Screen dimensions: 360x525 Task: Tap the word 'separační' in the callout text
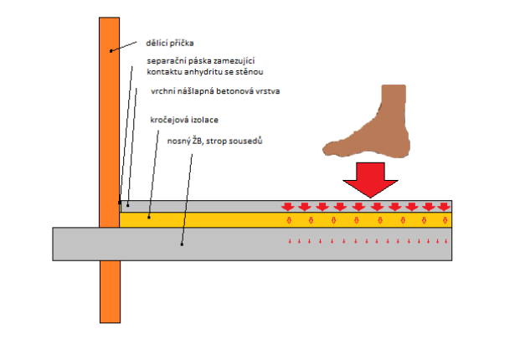point(166,60)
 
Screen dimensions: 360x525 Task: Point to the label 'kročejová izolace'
point(184,121)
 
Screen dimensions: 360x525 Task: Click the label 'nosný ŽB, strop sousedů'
point(217,141)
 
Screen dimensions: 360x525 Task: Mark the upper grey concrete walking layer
point(209,205)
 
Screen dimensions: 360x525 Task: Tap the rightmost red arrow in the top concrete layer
point(443,206)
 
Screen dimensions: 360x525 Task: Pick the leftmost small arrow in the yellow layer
point(290,221)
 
